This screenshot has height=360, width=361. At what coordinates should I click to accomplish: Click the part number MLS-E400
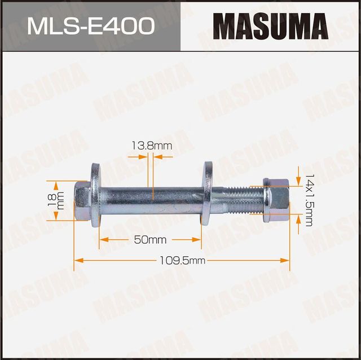[90, 26]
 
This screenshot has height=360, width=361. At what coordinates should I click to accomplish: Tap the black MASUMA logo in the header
[270, 26]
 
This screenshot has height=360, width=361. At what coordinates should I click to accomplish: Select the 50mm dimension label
[150, 240]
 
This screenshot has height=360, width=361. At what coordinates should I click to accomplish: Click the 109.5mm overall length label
[182, 261]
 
